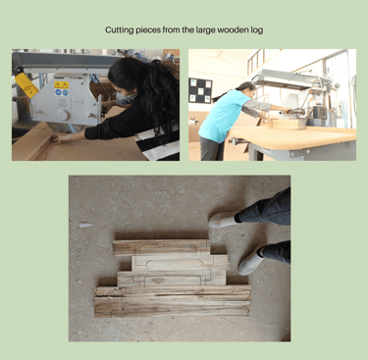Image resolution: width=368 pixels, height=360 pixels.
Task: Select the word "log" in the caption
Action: point(258,30)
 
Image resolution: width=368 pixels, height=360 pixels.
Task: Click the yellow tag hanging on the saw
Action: point(26,85)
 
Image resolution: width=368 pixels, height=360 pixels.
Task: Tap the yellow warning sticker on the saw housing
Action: point(62,85)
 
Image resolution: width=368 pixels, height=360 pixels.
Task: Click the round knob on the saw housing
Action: point(63,115)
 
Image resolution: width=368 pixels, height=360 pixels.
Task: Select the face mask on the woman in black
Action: point(125,98)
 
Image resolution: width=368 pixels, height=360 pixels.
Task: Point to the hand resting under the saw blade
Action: point(62,137)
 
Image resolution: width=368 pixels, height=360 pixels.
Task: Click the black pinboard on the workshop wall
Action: point(200,90)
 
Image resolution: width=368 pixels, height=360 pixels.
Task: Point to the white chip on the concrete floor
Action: point(85,225)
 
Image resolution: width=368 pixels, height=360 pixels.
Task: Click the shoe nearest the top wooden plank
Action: point(224,220)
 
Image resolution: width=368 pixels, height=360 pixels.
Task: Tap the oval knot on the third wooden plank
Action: point(158,281)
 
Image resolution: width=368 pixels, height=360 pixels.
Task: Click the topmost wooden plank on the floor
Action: point(161,247)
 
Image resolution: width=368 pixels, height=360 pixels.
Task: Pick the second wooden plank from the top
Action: point(181,263)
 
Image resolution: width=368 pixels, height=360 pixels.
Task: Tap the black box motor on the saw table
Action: point(320,113)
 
